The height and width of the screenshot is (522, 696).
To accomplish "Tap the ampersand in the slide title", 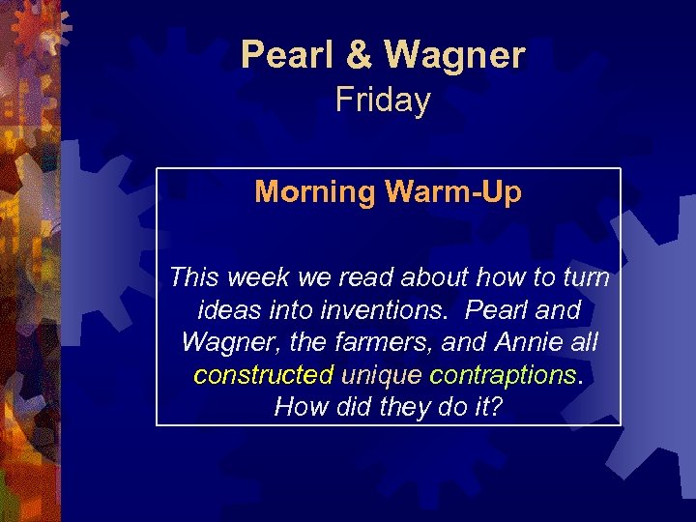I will [359, 55].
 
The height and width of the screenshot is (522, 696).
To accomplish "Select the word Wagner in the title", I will [454, 55].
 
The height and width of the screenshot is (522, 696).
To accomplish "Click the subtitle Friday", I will [383, 100].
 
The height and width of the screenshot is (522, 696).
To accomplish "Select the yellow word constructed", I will [263, 374].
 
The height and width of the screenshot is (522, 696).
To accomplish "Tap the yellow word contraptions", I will [503, 374].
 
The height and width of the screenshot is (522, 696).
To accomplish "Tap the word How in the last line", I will [295, 406].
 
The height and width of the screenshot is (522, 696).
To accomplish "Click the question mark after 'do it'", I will [496, 406].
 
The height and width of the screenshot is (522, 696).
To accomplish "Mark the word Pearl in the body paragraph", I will [498, 310].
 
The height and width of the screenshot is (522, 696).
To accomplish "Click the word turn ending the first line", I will [589, 278].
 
